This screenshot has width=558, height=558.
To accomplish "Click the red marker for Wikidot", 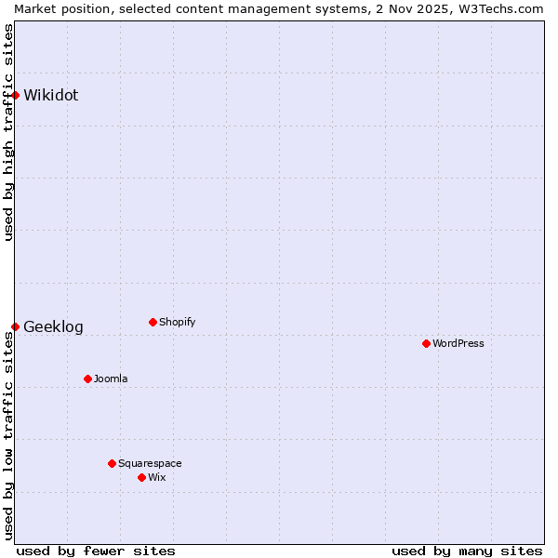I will pos(15,95).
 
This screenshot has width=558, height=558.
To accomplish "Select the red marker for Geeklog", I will pos(15,326).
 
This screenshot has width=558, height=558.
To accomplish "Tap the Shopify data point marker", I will pos(153,322).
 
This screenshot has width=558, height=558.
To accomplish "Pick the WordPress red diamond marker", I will pos(426,343).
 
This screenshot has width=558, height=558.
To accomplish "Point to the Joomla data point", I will pos(87,379).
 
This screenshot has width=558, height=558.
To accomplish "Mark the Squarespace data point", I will pos(112,463).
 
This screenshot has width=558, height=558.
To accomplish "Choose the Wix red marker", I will pos(141,477).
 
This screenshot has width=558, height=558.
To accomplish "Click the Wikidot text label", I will pos(51,95).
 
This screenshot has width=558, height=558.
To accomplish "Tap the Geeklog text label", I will pos(53,327).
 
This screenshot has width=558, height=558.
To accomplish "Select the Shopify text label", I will pos(177,322).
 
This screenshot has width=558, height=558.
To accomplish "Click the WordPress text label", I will pos(458,343).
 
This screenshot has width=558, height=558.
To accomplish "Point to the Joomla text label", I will pos(111,379).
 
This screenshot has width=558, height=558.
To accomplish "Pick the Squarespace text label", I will pos(150,463).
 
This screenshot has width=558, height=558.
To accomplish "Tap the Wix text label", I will pos(157,477).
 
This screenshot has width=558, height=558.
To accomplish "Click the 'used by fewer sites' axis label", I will pos(96,551).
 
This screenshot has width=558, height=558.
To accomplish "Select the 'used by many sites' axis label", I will pos(467,551).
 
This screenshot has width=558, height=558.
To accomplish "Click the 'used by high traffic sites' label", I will pos(8,132).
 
